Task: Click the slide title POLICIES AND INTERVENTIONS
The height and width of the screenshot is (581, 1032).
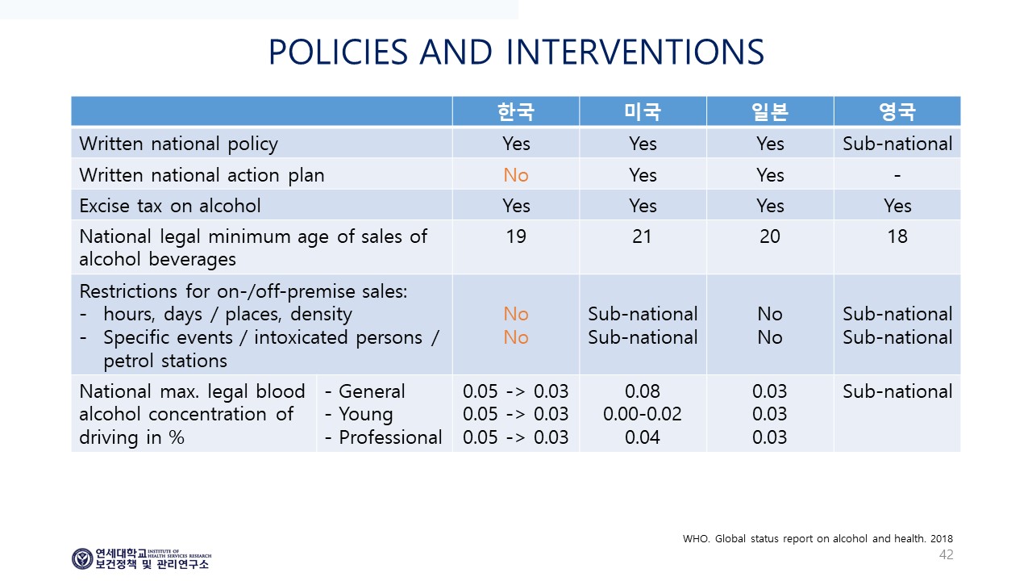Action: click(517, 52)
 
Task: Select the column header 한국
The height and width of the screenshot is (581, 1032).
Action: click(515, 111)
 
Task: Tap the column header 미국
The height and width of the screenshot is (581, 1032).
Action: click(643, 111)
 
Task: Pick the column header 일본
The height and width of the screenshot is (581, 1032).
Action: click(770, 111)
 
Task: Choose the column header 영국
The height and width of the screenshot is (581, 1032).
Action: click(897, 111)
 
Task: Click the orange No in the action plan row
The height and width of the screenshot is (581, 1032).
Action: click(515, 175)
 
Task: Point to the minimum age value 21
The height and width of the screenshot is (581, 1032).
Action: click(642, 236)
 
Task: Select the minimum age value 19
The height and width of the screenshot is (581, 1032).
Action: click(515, 236)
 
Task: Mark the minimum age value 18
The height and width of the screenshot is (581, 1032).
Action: click(897, 236)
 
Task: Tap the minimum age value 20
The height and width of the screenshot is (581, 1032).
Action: click(770, 236)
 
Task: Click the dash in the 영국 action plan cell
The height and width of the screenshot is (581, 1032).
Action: click(897, 176)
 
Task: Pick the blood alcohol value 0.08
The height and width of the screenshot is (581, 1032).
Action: click(643, 391)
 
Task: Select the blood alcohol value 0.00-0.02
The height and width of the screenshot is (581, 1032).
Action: click(643, 414)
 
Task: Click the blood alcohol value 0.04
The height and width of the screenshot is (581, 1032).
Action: click(643, 437)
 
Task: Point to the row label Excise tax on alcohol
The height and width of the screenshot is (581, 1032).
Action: click(170, 206)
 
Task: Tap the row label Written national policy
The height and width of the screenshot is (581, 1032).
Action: click(179, 144)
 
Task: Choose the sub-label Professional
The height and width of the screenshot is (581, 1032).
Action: click(390, 437)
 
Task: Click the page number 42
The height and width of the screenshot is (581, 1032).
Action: click(947, 554)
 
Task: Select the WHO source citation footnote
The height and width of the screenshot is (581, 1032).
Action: click(818, 538)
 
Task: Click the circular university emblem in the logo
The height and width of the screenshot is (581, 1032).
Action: click(82, 559)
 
